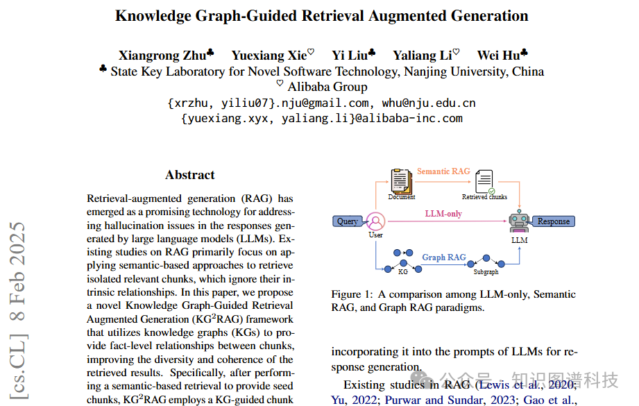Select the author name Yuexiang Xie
click(x=268, y=55)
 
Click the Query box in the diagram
click(x=347, y=221)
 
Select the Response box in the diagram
click(x=553, y=221)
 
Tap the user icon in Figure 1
click(x=375, y=221)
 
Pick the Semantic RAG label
click(x=443, y=171)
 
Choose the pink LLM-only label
click(x=443, y=214)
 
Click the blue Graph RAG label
click(x=444, y=257)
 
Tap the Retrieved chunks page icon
click(x=486, y=182)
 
